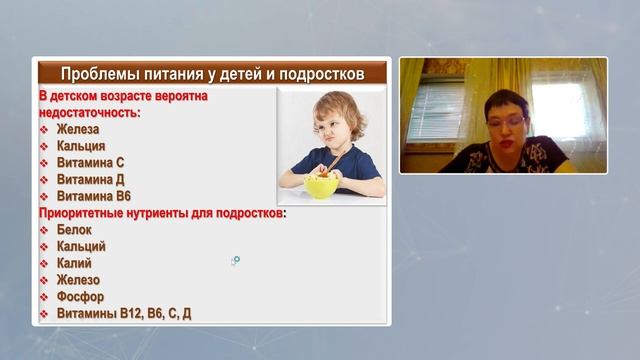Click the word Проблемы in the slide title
pyautogui.click(x=98, y=74)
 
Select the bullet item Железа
pyautogui.click(x=79, y=130)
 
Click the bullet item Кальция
pyautogui.click(x=81, y=146)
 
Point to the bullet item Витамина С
pyautogui.click(x=91, y=163)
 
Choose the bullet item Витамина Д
pyautogui.click(x=91, y=180)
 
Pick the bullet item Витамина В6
pyautogui.click(x=94, y=196)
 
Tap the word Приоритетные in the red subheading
pyautogui.click(x=83, y=213)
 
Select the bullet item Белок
pyautogui.click(x=75, y=230)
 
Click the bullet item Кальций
pyautogui.click(x=81, y=246)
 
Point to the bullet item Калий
pyautogui.click(x=75, y=263)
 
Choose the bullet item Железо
pyautogui.click(x=79, y=280)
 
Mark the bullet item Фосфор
pyautogui.click(x=80, y=297)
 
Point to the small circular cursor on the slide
pyautogui.click(x=236, y=260)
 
